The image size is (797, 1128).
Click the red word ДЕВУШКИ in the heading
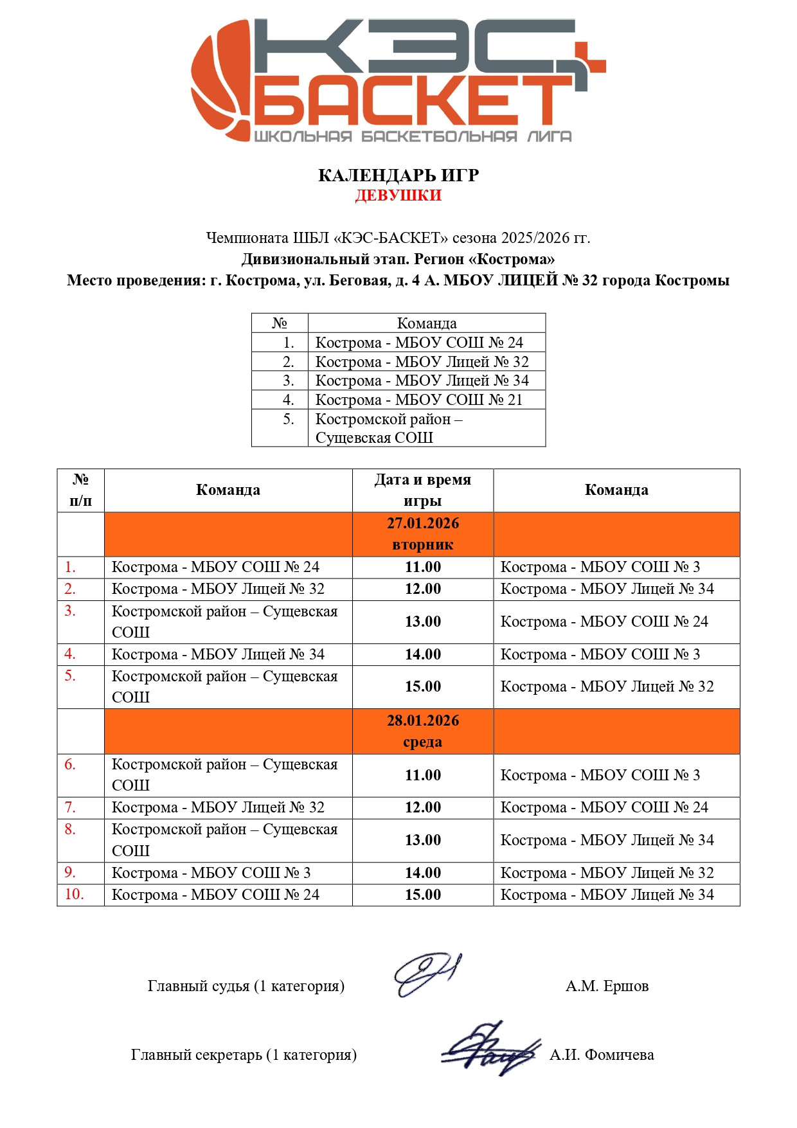coord(398,195)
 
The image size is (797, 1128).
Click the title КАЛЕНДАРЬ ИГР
coord(398,175)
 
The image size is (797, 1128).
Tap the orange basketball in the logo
coord(222,80)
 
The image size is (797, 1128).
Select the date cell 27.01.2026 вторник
coord(423,534)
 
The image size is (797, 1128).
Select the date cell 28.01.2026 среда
coord(423,731)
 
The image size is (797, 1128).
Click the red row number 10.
coord(74,894)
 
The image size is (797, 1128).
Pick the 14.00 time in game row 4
coord(423,654)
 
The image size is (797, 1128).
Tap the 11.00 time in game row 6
coord(423,775)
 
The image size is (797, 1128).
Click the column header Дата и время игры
coord(423,490)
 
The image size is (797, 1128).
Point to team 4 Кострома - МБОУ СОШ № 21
coord(418,400)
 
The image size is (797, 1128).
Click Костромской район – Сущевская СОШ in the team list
coord(388,428)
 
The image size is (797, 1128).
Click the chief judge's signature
coord(425,974)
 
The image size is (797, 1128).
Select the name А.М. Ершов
coord(607,986)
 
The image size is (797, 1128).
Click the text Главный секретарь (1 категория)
coord(244,1055)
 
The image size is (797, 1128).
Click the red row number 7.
coord(70,807)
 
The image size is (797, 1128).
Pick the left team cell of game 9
coord(211,873)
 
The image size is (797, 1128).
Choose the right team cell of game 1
coord(600,567)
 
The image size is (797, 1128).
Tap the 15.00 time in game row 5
coord(423,686)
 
